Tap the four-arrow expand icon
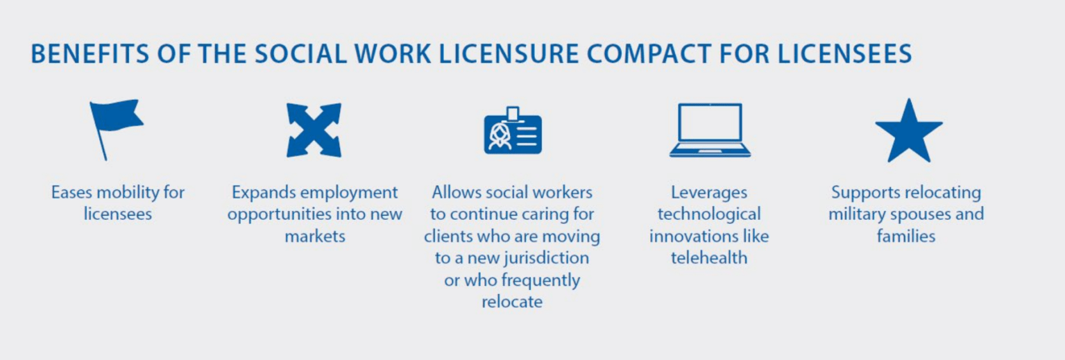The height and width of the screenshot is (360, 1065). (314, 130)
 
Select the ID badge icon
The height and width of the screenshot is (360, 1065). (513, 131)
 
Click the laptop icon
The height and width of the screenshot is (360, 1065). (710, 130)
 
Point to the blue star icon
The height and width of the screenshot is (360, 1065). (909, 132)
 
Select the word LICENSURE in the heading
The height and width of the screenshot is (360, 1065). (509, 53)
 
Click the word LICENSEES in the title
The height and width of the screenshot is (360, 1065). (844, 53)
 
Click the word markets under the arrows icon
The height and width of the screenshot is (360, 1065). (315, 237)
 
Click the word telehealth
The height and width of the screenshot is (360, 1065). (709, 258)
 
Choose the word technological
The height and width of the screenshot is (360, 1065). (709, 214)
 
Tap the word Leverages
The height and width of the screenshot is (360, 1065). (709, 193)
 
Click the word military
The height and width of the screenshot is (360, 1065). (857, 214)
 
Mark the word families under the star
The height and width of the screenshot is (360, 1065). (905, 237)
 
